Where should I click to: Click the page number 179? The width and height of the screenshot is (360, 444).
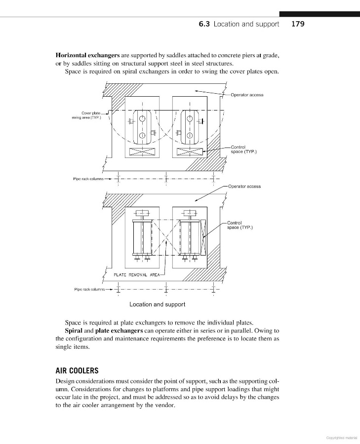[x=298, y=23]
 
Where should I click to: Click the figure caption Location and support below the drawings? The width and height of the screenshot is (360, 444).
[x=157, y=304]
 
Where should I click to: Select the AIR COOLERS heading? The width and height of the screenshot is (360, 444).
[x=77, y=370]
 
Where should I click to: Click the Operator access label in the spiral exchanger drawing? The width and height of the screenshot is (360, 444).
[x=246, y=95]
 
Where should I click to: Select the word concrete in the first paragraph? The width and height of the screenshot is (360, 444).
[x=240, y=55]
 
